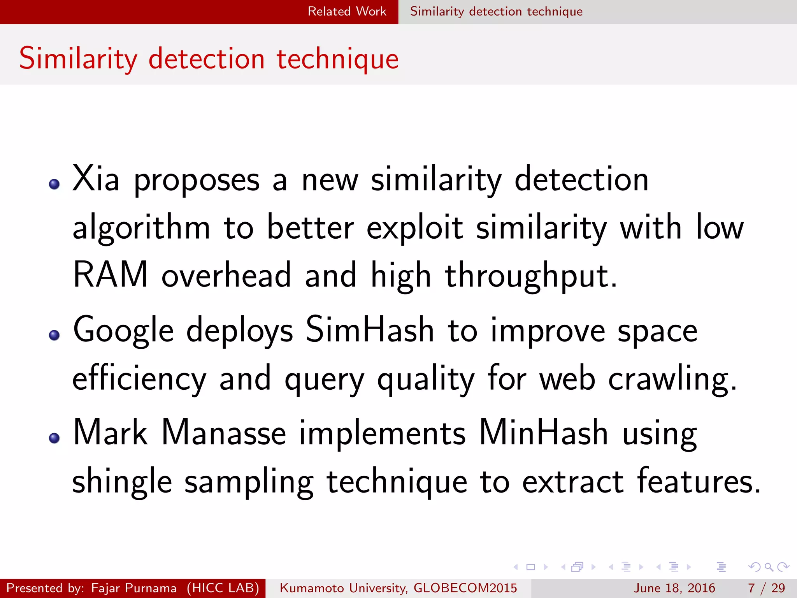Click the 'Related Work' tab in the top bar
(x=347, y=11)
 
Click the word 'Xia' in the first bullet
(x=96, y=179)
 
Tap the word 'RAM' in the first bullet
(x=111, y=275)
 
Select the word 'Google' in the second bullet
(x=123, y=330)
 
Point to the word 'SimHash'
(x=369, y=330)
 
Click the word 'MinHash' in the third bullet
(x=543, y=433)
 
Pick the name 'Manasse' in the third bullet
(x=224, y=433)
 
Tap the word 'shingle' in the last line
(x=122, y=482)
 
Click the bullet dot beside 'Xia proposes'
(x=54, y=184)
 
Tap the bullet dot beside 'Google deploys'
(x=54, y=335)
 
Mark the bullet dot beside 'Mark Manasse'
(x=54, y=438)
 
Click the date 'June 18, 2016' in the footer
(x=674, y=588)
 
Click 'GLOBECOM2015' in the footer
(x=465, y=588)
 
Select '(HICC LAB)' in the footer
(x=223, y=588)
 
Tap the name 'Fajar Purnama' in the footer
(x=133, y=588)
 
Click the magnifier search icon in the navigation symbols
(x=769, y=567)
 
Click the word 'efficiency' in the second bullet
(x=139, y=379)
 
